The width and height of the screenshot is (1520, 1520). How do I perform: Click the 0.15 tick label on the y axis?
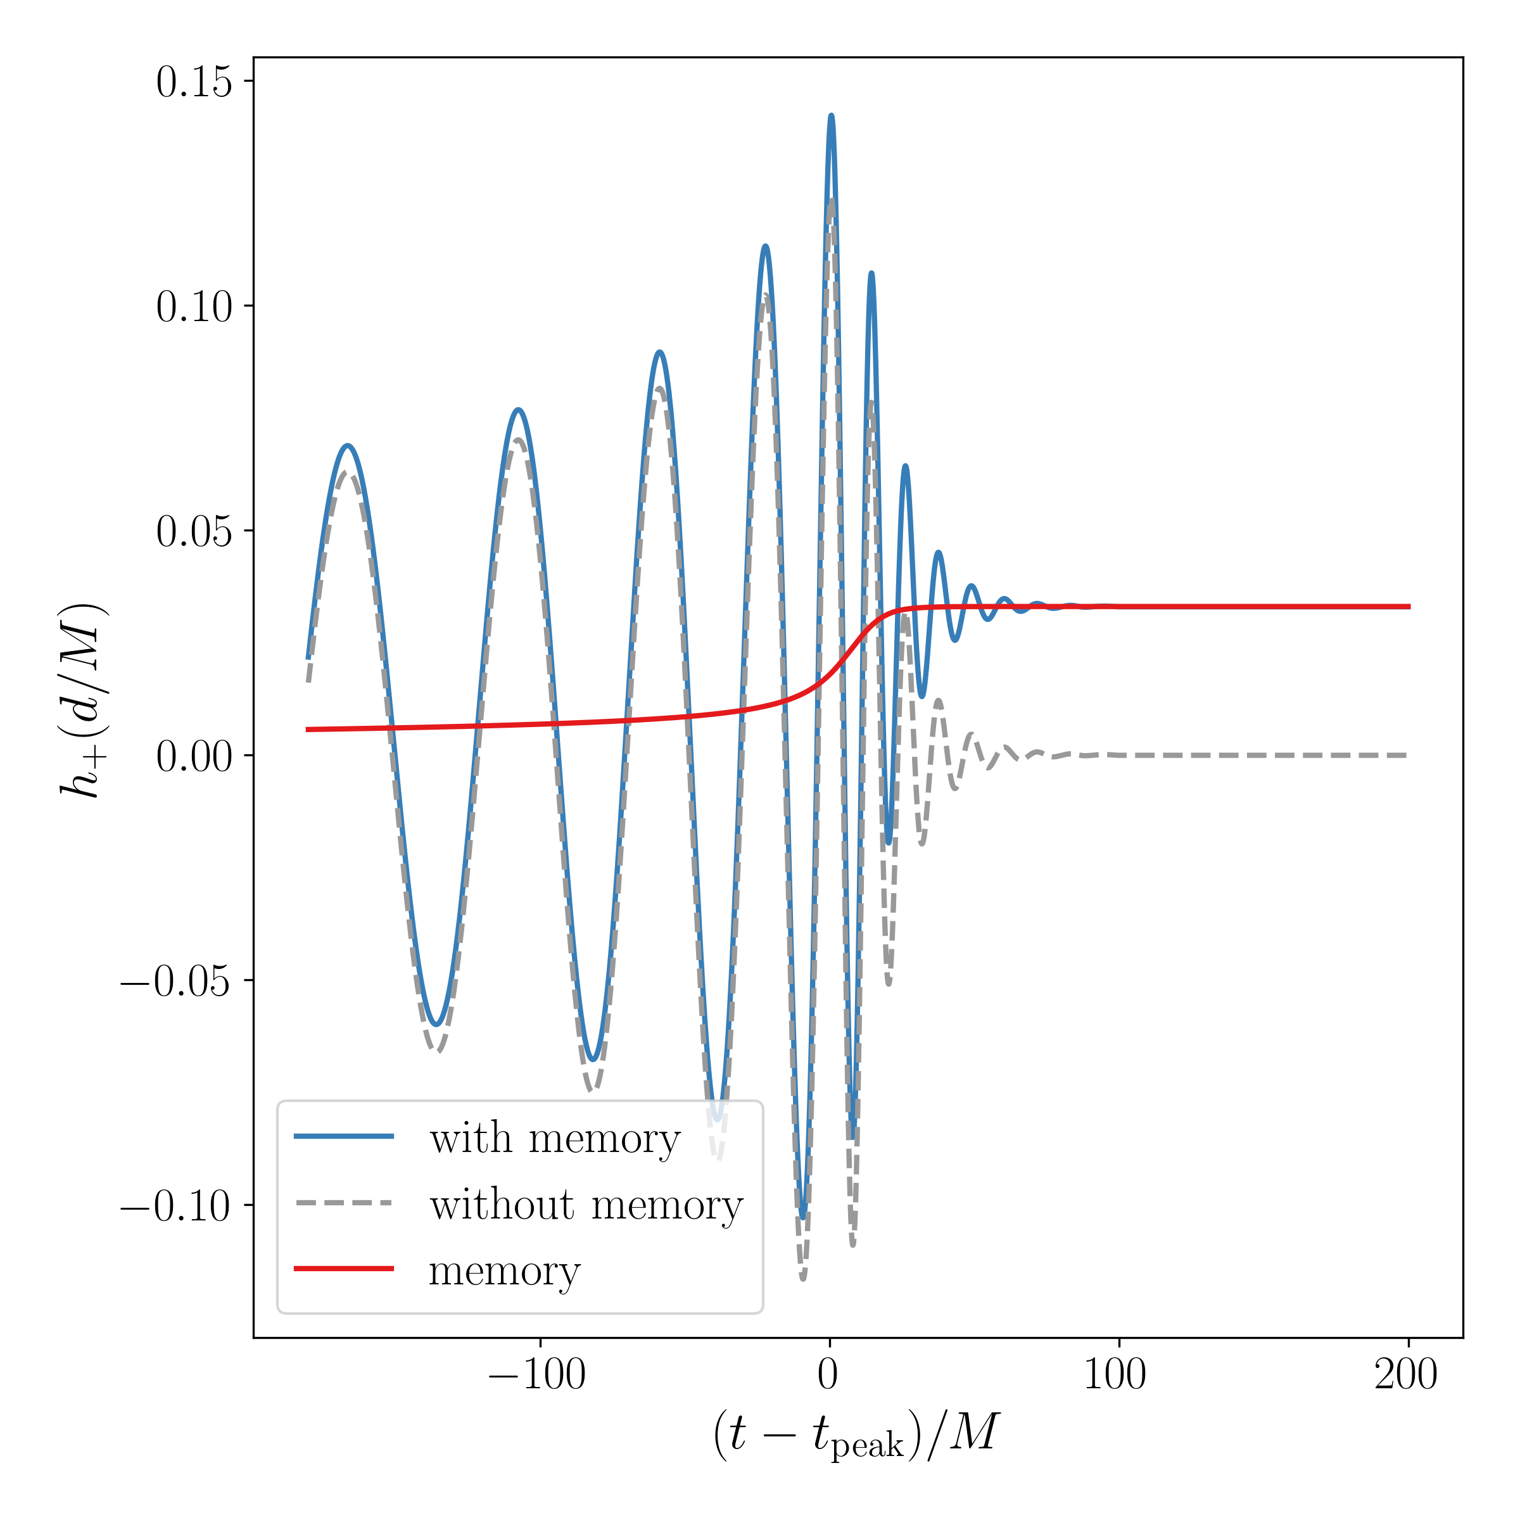(194, 82)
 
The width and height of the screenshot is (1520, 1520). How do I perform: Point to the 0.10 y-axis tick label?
(194, 307)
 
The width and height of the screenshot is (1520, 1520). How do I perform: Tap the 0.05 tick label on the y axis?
(194, 532)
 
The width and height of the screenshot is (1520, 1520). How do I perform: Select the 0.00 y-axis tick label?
(194, 757)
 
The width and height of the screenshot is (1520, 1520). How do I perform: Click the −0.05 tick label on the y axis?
(176, 982)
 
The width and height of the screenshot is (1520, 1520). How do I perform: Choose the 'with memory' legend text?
(555, 1139)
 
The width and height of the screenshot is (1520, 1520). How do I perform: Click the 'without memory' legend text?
(586, 1205)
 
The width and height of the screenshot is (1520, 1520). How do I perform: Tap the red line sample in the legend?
(344, 1268)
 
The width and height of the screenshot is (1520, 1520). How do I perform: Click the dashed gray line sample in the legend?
(344, 1203)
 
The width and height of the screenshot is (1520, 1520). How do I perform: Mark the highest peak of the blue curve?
(831, 116)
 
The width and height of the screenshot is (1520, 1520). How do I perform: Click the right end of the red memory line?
(1410, 607)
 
